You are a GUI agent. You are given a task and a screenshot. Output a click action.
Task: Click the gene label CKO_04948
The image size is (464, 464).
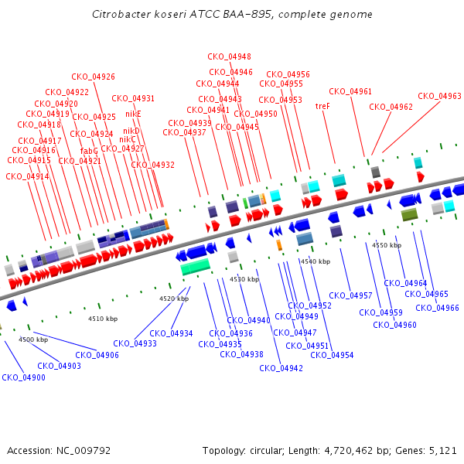[229, 56]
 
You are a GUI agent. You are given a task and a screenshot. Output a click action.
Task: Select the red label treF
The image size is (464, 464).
[322, 106]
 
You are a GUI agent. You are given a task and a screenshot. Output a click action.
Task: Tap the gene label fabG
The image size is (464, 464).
[89, 151]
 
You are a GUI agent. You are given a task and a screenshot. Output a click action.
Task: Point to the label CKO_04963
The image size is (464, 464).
[439, 97]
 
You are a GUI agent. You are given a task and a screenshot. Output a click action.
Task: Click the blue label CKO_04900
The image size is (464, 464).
[23, 377]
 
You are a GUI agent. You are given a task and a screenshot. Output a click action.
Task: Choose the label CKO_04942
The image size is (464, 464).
[281, 368]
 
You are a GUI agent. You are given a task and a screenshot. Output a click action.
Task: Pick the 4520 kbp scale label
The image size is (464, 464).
[174, 299]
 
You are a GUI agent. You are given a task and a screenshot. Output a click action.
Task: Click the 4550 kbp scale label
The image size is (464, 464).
[387, 245]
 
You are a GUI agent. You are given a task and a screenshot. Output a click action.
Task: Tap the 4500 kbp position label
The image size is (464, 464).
[33, 339]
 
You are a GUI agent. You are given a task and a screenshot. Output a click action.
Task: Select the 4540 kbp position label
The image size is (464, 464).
[315, 261]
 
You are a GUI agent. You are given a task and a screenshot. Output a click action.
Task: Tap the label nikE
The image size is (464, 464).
[133, 114]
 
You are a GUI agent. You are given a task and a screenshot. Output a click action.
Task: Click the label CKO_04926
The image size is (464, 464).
[93, 77]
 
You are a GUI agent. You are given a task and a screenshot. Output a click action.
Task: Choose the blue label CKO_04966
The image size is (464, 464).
[437, 308]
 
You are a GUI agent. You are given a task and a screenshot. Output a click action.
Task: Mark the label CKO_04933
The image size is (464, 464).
[135, 343]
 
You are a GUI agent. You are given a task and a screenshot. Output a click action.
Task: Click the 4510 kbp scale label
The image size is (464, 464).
[103, 319]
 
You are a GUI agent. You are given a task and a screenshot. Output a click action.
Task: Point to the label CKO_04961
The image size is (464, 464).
[350, 91]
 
